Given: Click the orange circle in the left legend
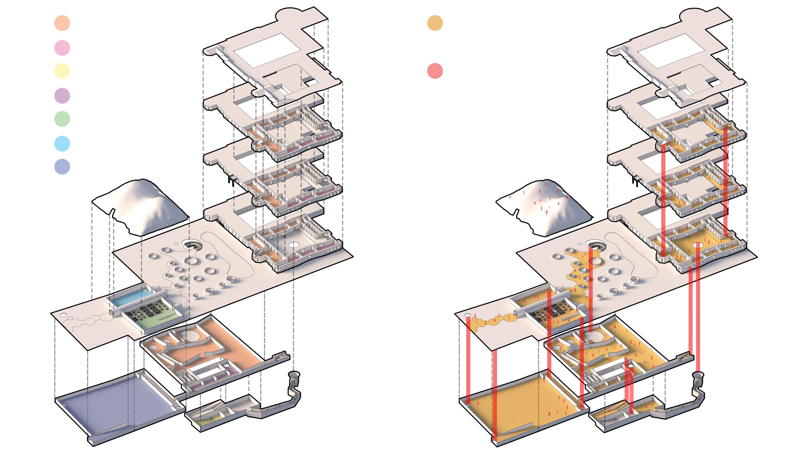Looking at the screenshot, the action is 62,23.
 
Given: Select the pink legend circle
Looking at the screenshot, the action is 62,48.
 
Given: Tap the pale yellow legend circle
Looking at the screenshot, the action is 62,71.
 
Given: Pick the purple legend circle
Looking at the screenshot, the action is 62,96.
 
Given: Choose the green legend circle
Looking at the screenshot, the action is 62,119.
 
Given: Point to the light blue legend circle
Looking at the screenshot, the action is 62,144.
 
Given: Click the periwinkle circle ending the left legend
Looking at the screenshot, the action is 62,167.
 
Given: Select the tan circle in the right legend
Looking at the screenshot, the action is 435,23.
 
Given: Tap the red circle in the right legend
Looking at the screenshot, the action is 435,71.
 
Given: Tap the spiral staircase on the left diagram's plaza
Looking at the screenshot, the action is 192,244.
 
